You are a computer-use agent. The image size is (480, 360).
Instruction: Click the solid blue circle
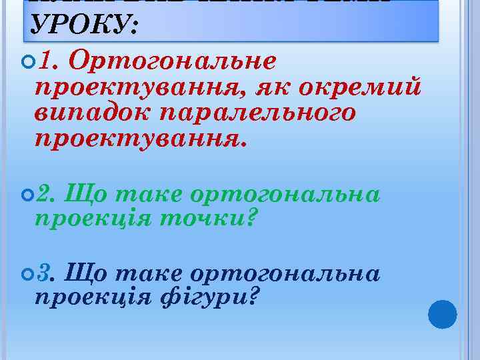[442, 315]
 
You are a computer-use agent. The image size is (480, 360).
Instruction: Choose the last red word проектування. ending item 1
[140, 139]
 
